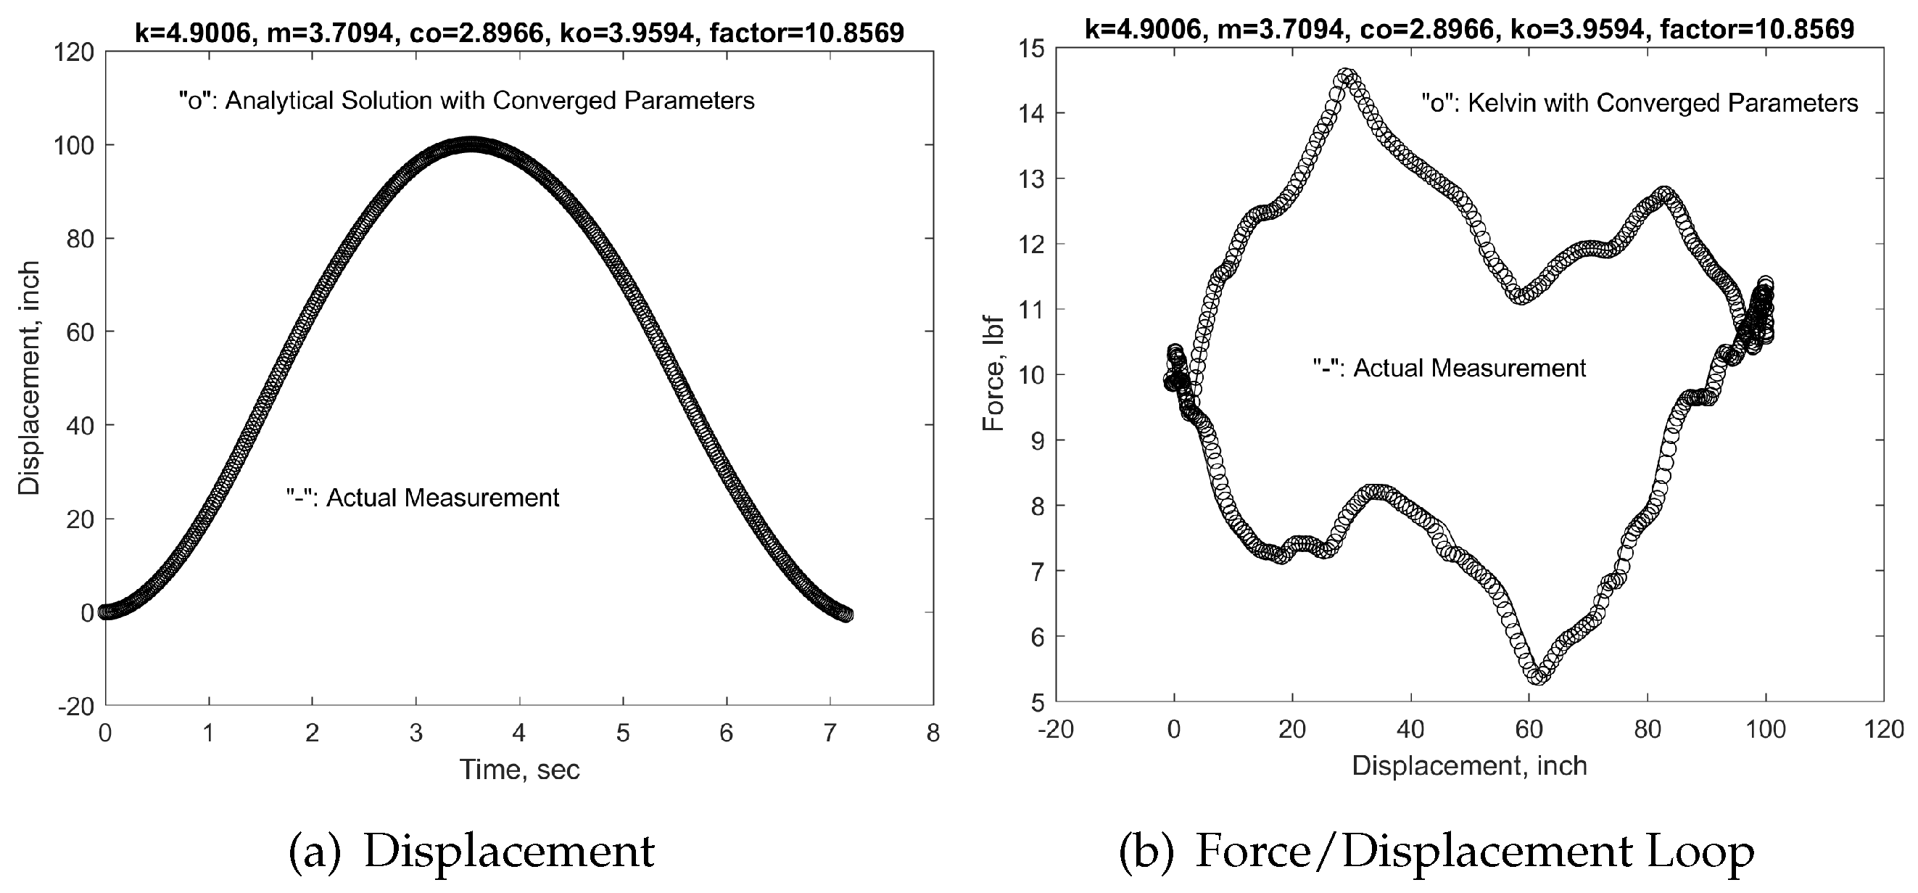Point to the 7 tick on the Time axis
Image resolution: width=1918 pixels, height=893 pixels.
(830, 733)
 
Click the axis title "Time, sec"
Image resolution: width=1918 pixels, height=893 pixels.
(519, 770)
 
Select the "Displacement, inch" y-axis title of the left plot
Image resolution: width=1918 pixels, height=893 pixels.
(29, 378)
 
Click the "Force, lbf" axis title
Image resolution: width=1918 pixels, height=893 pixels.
(994, 374)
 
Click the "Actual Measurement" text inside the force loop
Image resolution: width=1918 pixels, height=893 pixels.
(1449, 368)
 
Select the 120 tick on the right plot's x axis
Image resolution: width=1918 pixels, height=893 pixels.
(1883, 729)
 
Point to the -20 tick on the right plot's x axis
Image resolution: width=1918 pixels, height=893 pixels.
(1056, 729)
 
